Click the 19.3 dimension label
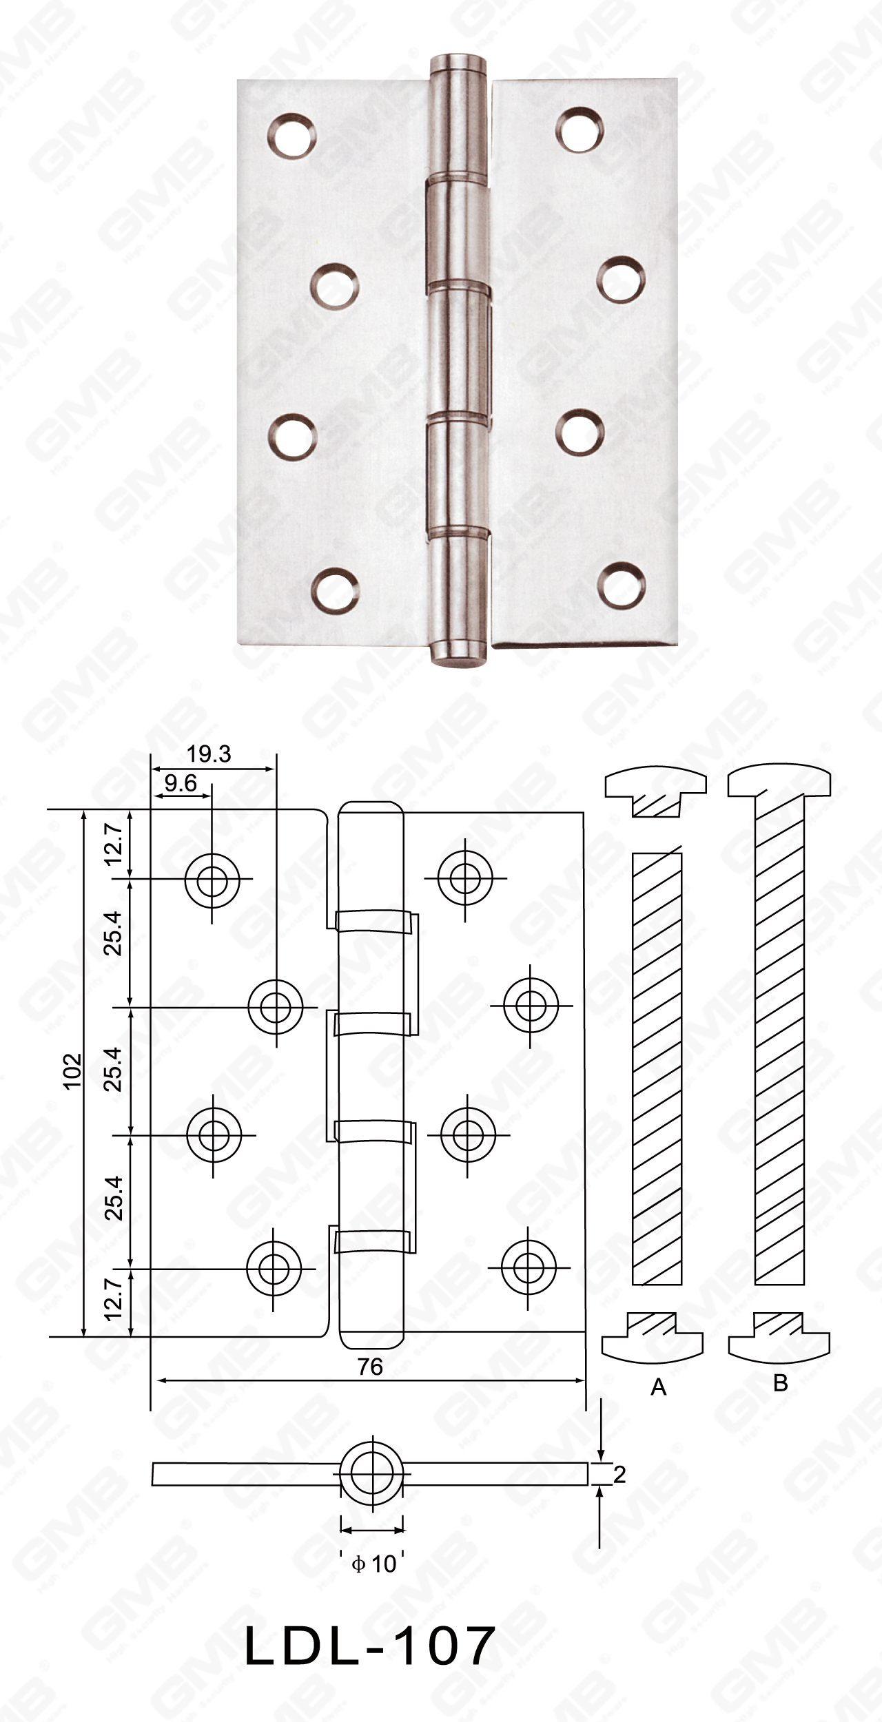coord(209,754)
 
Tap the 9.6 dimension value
coord(181,783)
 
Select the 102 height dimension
coord(72,1070)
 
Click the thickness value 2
coord(619,1474)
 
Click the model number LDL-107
coord(370,1645)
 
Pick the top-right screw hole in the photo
coord(580,129)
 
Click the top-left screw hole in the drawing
coord(212,880)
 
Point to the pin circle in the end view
coord(372,1473)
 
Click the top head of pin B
coord(779,782)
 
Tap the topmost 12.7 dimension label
coord(113,844)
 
